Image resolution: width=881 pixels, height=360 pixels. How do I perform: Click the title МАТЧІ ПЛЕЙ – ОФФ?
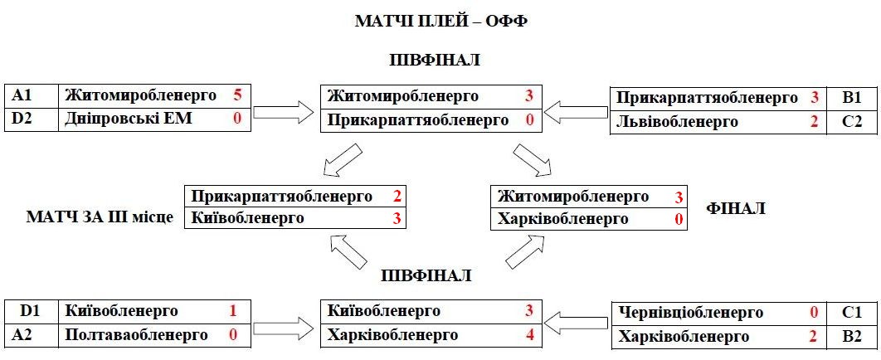[x=440, y=21]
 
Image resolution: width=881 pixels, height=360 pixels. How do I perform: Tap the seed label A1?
[x=22, y=95]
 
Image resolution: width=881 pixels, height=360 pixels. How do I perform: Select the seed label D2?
[x=22, y=119]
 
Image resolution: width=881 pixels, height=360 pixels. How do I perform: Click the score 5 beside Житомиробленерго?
[x=237, y=95]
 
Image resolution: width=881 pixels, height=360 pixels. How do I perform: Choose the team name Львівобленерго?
[x=677, y=121]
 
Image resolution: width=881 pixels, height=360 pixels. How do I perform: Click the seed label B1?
[x=851, y=98]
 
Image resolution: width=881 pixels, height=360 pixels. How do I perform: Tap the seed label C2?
[x=851, y=121]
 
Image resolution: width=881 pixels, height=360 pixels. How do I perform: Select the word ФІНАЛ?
[x=735, y=208]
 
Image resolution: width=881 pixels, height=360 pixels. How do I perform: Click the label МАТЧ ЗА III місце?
[x=100, y=218]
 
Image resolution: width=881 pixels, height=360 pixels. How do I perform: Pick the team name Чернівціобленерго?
[x=690, y=313]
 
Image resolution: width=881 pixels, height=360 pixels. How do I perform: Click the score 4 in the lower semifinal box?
[x=528, y=335]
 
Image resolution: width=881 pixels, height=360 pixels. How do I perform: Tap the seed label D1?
[x=31, y=312]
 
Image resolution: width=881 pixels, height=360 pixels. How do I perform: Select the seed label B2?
[x=851, y=337]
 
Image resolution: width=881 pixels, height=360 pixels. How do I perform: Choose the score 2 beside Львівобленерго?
[x=815, y=121]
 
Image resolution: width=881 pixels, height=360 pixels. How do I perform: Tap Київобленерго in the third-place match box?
[x=246, y=218]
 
